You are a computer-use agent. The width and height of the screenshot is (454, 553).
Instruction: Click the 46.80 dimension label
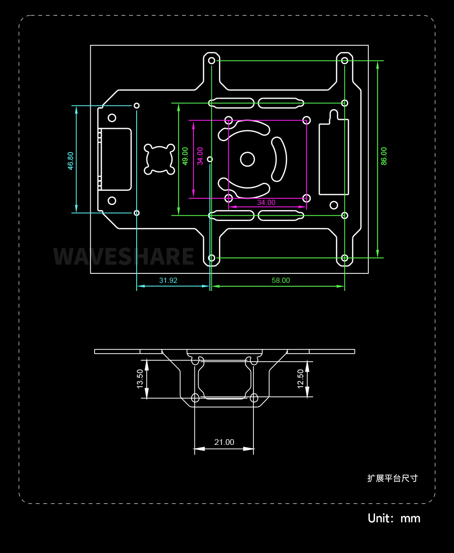70,161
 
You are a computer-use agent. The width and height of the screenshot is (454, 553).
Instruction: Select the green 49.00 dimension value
185,156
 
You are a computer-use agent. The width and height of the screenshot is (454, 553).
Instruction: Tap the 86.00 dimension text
384,156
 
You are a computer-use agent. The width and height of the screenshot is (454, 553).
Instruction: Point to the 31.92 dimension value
168,281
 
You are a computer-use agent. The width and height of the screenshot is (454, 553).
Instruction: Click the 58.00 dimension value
280,281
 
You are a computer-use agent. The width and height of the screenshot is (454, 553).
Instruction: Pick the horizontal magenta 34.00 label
266,203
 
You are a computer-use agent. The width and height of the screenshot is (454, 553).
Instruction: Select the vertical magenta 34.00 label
200,156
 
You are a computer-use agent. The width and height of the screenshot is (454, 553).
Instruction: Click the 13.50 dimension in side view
140,379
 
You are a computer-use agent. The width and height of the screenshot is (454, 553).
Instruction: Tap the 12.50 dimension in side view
300,379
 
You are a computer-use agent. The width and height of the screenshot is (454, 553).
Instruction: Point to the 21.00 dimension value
224,442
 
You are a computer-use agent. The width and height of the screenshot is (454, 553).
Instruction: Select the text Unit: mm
394,518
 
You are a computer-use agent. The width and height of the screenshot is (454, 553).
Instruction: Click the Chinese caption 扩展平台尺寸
393,478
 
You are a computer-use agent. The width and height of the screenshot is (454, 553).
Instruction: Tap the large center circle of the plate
247,159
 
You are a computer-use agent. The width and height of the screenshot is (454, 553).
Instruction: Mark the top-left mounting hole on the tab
211,60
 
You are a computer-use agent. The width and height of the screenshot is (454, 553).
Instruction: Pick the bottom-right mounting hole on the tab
345,258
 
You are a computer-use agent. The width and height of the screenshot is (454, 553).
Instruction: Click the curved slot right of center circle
280,159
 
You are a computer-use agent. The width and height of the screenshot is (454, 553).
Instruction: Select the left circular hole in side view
195,398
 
